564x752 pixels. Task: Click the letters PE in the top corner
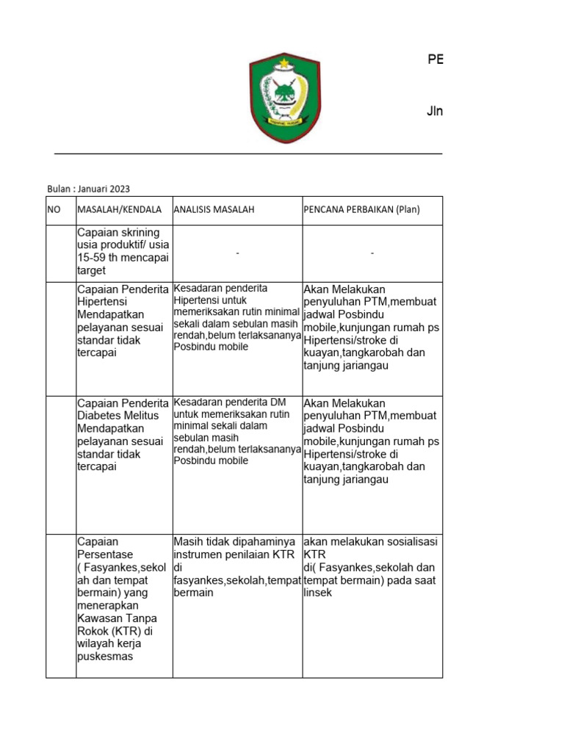[435, 60]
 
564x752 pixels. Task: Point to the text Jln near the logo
[435, 112]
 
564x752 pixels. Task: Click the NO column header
[54, 210]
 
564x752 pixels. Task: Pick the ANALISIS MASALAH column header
[214, 210]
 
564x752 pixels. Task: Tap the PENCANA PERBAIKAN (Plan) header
[361, 210]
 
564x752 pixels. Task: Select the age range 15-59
[95, 258]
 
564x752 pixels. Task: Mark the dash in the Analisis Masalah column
[238, 253]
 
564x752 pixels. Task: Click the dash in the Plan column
[372, 253]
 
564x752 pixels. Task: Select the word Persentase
[105, 554]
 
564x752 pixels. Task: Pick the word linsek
[318, 592]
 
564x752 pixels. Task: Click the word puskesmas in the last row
[105, 657]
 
